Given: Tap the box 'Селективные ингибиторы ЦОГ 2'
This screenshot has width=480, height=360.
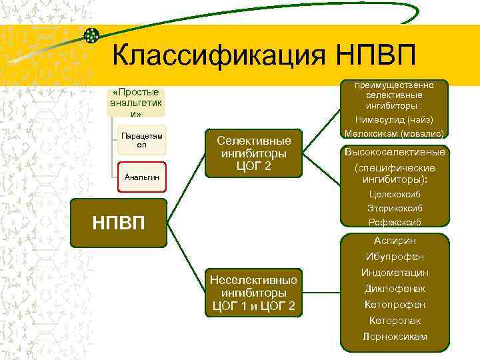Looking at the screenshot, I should [x=253, y=153].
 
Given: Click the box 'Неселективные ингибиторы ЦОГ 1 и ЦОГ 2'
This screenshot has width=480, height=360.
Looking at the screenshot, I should [x=253, y=292].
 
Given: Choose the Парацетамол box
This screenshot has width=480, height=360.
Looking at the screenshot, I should [x=141, y=140].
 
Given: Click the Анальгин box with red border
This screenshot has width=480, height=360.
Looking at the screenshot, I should [x=141, y=177].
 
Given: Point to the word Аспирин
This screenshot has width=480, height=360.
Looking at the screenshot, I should [x=395, y=241].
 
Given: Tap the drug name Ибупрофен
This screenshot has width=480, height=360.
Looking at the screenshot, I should [x=395, y=257].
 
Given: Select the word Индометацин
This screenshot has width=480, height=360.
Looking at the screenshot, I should [x=395, y=273].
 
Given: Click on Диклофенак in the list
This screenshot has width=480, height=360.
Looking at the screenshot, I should [x=395, y=289].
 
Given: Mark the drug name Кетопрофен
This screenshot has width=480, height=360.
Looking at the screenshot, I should [x=395, y=305].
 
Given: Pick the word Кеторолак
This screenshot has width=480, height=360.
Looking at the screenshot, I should [x=395, y=321].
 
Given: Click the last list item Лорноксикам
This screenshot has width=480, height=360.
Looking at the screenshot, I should [x=395, y=337].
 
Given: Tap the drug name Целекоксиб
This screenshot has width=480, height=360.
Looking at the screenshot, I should [x=395, y=195].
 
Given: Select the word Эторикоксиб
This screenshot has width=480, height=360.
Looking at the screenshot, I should [x=395, y=208].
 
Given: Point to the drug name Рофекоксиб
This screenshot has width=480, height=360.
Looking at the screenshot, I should [x=395, y=222].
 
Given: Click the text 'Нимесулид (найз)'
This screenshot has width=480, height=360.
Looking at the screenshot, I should [x=395, y=120].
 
